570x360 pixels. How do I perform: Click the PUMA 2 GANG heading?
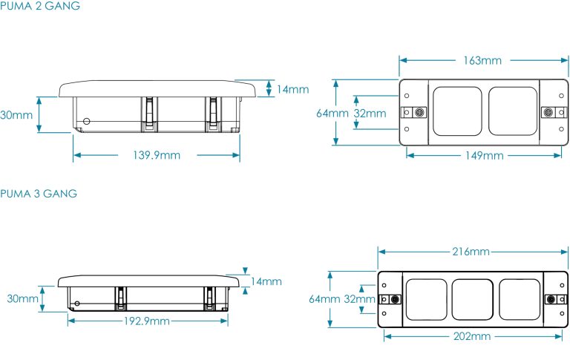(x=40, y=6)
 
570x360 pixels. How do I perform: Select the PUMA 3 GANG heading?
(x=39, y=194)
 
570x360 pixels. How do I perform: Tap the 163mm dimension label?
(x=482, y=60)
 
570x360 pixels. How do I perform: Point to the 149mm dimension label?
(x=483, y=156)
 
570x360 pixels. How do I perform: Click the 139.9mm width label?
(x=157, y=156)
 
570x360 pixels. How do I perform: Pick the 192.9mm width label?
(x=146, y=321)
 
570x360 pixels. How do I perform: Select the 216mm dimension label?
(x=471, y=252)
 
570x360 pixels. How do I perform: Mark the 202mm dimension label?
(x=471, y=336)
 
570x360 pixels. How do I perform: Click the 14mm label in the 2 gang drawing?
(x=292, y=90)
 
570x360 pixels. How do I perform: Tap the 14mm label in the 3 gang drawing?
(x=266, y=282)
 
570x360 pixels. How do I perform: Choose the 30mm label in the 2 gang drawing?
(x=16, y=115)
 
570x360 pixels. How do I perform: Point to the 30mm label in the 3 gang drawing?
(x=22, y=298)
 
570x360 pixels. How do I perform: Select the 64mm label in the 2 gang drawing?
(x=331, y=114)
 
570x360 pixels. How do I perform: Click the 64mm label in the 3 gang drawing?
(x=324, y=299)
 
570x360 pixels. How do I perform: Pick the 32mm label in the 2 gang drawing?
(x=369, y=114)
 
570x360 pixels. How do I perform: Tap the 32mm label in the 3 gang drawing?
(x=358, y=300)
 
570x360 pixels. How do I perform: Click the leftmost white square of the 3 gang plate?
(x=426, y=300)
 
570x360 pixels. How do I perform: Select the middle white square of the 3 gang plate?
(x=473, y=300)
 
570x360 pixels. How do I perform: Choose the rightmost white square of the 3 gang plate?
(x=520, y=300)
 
